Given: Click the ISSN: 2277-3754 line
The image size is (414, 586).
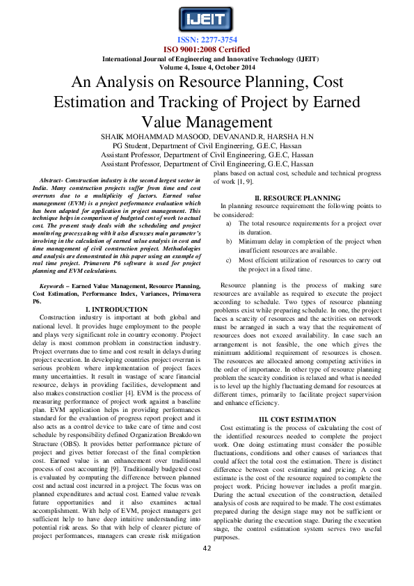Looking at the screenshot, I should tap(206, 40).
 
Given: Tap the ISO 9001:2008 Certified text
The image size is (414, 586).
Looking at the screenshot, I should tap(206, 49).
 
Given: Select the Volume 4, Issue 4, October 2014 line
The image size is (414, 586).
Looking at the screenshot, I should tap(206, 68).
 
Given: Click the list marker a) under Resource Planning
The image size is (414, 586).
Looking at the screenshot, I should tap(229, 223).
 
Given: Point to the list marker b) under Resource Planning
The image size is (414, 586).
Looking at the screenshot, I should tap(229, 241).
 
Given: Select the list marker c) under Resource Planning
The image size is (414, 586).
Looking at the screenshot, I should tap(229, 260).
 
